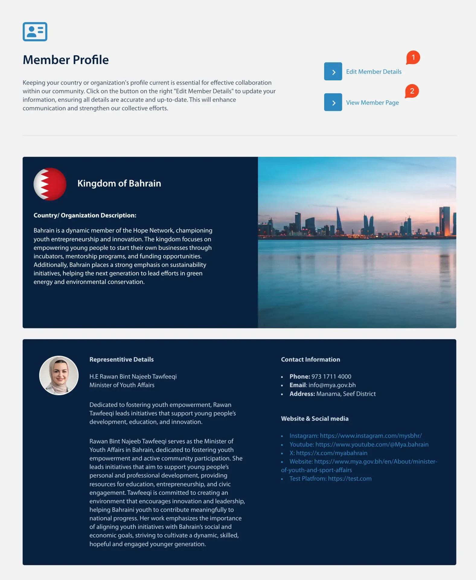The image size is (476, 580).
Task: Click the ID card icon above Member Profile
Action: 35,32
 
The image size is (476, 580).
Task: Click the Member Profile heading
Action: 66,60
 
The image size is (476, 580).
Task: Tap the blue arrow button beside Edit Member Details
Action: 333,72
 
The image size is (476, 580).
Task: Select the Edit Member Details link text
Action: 374,72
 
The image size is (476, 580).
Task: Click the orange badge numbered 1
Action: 413,57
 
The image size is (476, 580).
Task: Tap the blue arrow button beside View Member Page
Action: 333,102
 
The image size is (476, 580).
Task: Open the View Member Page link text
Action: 372,103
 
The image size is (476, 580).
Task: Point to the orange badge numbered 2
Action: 412,91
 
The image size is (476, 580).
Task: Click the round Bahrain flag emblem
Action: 50,184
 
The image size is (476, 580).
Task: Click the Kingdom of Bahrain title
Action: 119,183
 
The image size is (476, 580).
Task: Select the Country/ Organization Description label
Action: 85,215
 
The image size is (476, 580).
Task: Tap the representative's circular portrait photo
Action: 59,375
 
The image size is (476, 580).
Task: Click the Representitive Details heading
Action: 121,359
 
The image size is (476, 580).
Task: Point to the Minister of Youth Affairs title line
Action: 122,385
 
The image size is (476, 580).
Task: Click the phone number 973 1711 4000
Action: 331,377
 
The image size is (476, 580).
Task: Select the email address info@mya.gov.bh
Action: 332,385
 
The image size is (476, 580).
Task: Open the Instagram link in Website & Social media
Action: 355,436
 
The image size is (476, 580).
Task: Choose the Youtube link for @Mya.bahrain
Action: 359,445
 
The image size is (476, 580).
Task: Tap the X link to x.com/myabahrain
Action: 328,453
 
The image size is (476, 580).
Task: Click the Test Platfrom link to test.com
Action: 330,479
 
